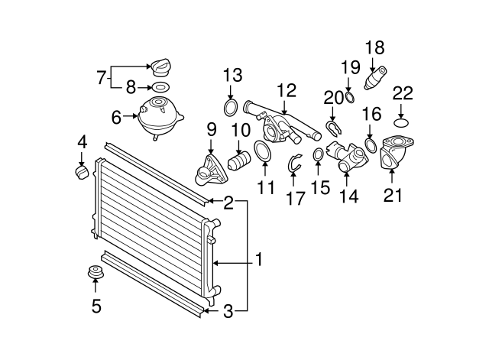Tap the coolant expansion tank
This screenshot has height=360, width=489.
click(x=160, y=116)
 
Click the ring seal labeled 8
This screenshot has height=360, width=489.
click(x=160, y=88)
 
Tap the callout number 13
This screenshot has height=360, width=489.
click(x=232, y=75)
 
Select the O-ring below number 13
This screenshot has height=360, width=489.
click(x=232, y=105)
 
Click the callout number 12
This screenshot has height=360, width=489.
click(x=285, y=90)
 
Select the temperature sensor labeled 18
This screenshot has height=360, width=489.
click(x=377, y=79)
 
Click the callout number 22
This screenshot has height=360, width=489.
click(x=403, y=94)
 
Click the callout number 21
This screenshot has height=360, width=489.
click(x=392, y=195)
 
